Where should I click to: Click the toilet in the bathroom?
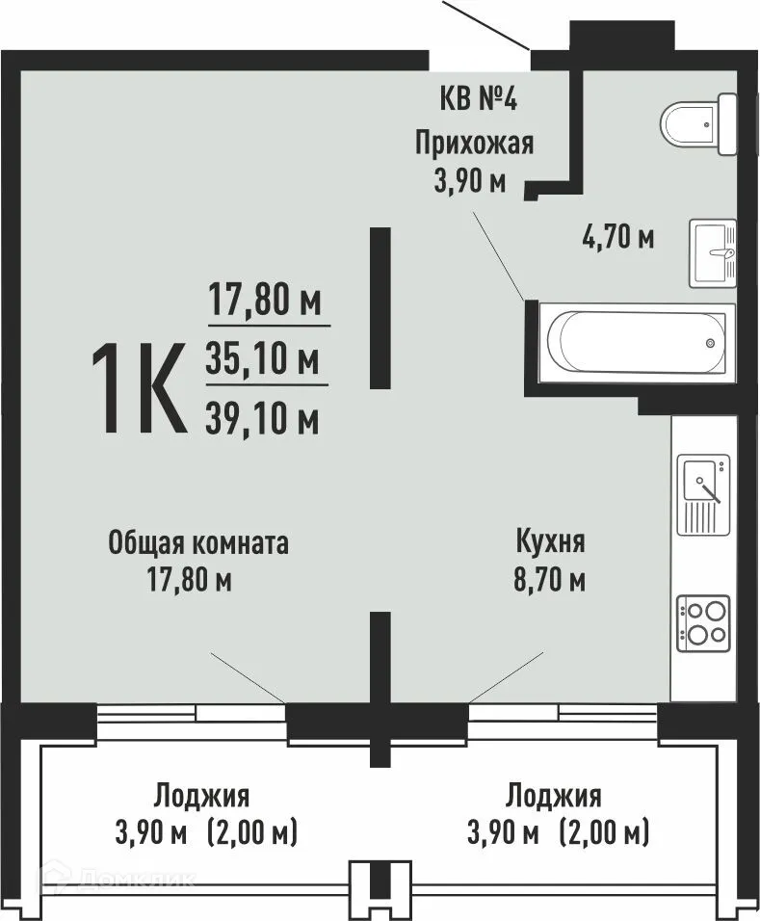(x=697, y=124)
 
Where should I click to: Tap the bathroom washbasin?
(x=713, y=253)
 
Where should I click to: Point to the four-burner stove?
(x=703, y=622)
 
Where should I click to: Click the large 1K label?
(x=138, y=390)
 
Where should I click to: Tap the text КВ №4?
(x=472, y=100)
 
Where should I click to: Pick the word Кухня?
(x=550, y=542)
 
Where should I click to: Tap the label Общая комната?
(x=198, y=542)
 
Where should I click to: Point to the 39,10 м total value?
(x=263, y=417)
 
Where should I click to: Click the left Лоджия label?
(x=201, y=796)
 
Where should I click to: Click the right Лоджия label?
(x=554, y=796)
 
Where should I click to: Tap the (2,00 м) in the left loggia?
(x=252, y=830)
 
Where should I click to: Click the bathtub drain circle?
(x=710, y=342)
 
